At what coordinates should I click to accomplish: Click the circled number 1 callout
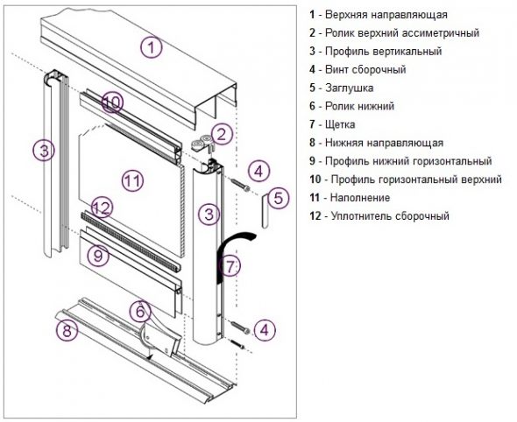coord(152,47)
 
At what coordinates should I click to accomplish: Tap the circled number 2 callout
coord(222,135)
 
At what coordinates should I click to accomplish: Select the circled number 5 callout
coord(279,199)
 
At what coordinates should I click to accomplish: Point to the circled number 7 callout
coord(230,265)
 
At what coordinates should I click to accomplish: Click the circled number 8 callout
coord(67,330)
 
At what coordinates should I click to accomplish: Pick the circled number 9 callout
coord(98,255)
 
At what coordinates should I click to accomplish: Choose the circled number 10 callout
coord(112,102)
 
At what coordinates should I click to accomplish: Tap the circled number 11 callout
coord(133,180)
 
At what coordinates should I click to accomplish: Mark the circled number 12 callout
coord(102,207)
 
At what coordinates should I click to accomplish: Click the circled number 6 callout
coord(140,312)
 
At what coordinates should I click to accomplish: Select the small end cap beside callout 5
coord(266,211)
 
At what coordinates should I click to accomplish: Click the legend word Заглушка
coord(349,88)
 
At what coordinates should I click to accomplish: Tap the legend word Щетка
coord(340,124)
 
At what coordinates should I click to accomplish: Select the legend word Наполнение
coord(360,198)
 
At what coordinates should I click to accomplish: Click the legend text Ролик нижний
coord(359,106)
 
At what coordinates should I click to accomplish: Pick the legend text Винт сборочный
coord(365,69)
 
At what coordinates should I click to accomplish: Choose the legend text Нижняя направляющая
coord(384,143)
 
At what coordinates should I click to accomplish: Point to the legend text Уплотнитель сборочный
coord(390,216)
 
